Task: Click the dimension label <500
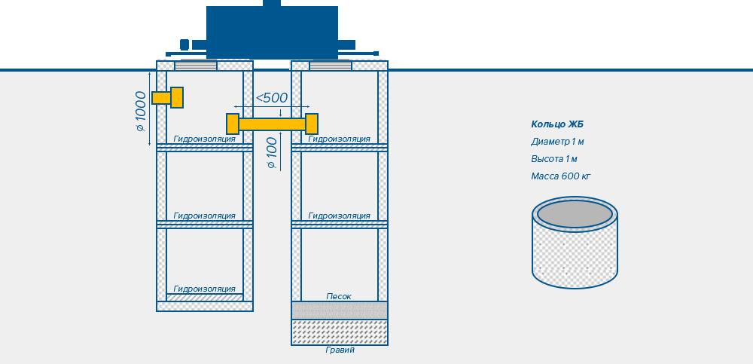tap(271, 98)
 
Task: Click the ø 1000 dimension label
tap(140, 111)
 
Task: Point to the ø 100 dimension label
tap(272, 153)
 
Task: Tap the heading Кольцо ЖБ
tap(557, 124)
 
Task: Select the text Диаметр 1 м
tap(557, 142)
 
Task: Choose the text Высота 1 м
tap(554, 159)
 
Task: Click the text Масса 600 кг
tap(560, 176)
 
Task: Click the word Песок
tap(339, 297)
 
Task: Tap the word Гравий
tap(340, 350)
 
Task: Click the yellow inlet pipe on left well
tap(168, 98)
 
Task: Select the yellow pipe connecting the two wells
tap(272, 124)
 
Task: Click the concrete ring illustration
tap(575, 243)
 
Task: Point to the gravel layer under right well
tap(340, 332)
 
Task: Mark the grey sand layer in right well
tap(340, 310)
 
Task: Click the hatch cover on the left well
tap(196, 66)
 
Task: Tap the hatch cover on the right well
tap(331, 66)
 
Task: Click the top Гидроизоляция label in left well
tap(205, 139)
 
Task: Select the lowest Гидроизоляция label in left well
tap(205, 289)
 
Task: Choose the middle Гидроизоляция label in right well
tap(339, 216)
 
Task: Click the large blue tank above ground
tap(272, 32)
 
